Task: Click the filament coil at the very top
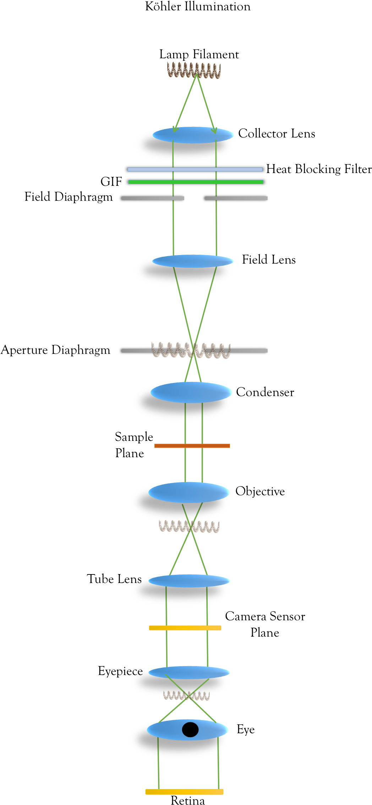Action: [194, 70]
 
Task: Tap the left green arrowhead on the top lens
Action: [175, 129]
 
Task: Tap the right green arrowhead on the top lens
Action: [214, 131]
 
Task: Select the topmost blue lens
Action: [193, 135]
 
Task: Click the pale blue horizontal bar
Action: [195, 169]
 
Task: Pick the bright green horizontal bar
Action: [196, 182]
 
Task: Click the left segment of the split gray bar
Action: [153, 198]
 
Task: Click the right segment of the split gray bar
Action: [236, 198]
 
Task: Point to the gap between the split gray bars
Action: [195, 198]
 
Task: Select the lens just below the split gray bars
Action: [193, 261]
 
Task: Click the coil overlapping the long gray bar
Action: [191, 350]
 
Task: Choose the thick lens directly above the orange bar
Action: [191, 392]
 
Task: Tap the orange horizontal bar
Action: [192, 446]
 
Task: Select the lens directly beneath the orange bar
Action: [189, 492]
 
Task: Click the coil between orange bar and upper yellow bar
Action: [189, 526]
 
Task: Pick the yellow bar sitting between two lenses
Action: [185, 628]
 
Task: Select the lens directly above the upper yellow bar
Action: [189, 581]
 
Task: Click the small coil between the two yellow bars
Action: [186, 695]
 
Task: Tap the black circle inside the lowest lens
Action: [190, 729]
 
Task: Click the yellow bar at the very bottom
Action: [184, 792]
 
